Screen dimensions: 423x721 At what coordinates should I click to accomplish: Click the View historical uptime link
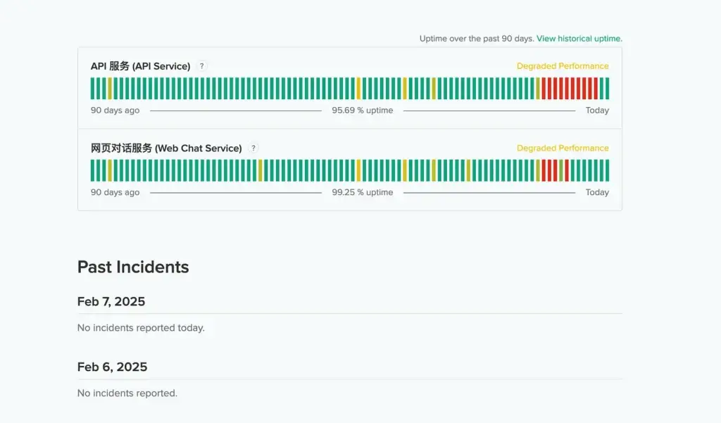[x=579, y=39]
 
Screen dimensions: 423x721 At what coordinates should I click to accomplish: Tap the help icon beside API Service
[x=201, y=66]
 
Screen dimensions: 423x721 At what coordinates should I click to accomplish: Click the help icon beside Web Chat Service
[x=253, y=149]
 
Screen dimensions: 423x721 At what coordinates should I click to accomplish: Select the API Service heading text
[x=140, y=66]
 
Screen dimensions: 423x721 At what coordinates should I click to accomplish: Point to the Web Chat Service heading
[x=166, y=149]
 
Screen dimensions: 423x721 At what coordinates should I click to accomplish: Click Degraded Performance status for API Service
[x=563, y=66]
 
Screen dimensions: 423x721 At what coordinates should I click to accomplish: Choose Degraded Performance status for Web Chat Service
[x=563, y=149]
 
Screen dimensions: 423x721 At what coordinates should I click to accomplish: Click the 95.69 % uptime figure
[x=363, y=111]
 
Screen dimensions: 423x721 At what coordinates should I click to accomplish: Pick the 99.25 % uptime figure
[x=363, y=193]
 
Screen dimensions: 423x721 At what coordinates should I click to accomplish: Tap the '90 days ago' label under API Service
[x=115, y=111]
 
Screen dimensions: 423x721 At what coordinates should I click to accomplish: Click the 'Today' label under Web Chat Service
[x=597, y=193]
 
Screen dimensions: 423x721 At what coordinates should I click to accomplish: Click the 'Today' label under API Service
[x=597, y=111]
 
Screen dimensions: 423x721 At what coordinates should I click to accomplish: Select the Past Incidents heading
[x=133, y=267]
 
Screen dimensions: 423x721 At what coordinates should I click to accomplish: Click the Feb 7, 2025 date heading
[x=111, y=302]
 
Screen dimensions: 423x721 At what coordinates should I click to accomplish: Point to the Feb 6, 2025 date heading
[x=112, y=367]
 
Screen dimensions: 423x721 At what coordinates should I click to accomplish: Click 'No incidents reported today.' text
[x=141, y=328]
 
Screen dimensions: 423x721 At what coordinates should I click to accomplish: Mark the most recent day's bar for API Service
[x=607, y=89]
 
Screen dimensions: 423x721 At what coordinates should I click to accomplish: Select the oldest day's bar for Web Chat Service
[x=93, y=171]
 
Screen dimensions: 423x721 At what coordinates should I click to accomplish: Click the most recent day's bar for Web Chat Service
[x=607, y=171]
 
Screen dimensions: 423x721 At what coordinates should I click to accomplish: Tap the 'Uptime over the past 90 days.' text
[x=476, y=39]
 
